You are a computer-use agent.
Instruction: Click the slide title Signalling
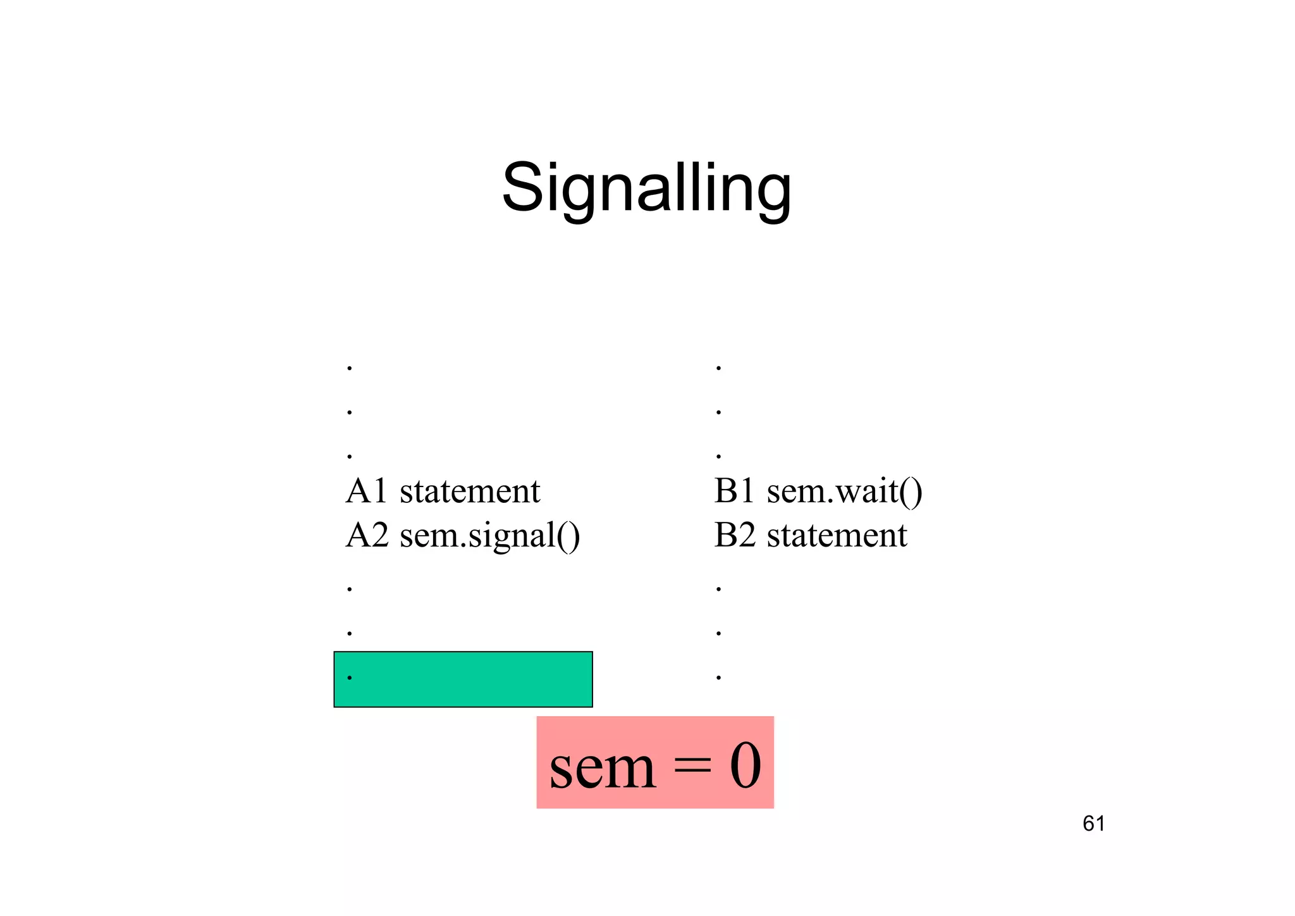(x=646, y=189)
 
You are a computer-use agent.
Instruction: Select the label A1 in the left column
(x=366, y=491)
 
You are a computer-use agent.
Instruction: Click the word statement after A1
(x=470, y=491)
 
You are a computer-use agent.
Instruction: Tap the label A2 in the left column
(x=367, y=535)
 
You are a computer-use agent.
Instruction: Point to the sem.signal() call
(x=490, y=536)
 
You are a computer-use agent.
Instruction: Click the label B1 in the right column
(x=734, y=491)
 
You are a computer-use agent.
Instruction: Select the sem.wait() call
(x=845, y=492)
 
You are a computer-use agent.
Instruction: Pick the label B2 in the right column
(x=735, y=535)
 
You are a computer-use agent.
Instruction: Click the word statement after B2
(x=837, y=535)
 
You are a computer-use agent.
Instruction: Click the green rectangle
(x=463, y=679)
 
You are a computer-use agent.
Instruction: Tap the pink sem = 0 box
(x=655, y=762)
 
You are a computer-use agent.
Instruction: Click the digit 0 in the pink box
(x=746, y=766)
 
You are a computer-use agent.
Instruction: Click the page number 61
(x=1093, y=824)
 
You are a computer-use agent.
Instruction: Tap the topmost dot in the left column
(x=350, y=368)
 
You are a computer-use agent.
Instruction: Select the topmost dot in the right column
(x=718, y=368)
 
